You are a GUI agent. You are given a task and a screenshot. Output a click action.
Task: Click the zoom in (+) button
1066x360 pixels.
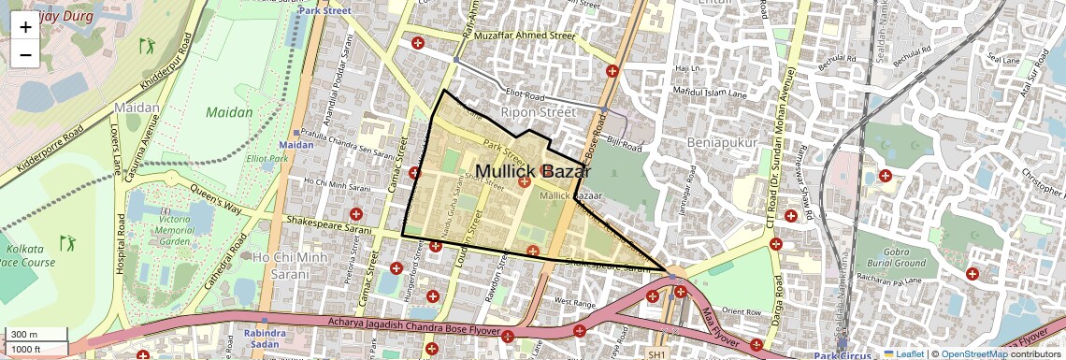tap(25, 27)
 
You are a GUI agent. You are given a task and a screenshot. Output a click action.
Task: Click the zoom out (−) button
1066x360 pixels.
tap(25, 54)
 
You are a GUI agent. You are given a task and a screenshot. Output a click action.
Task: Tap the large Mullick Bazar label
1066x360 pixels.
tap(534, 172)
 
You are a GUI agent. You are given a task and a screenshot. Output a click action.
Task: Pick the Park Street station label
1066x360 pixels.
tap(325, 10)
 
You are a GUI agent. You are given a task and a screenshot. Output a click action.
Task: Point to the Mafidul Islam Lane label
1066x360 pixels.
tap(706, 94)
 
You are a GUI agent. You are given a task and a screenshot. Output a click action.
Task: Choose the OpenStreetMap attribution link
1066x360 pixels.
tap(974, 353)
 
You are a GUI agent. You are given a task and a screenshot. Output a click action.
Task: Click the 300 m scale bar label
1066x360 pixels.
tap(25, 335)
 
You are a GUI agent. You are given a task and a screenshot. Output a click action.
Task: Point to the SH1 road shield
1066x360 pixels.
tap(656, 354)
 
